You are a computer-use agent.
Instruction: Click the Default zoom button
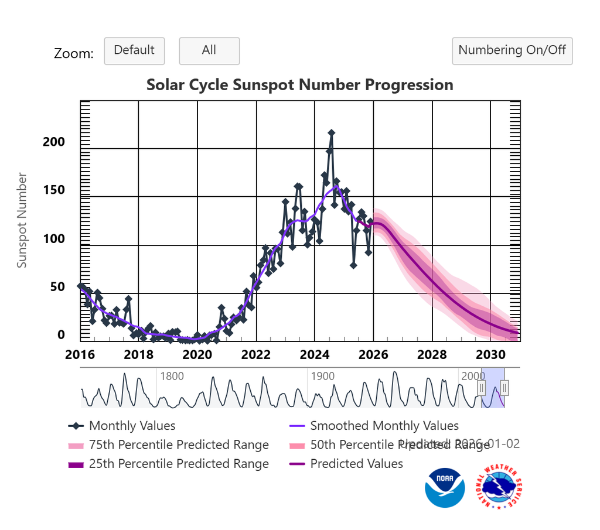point(134,51)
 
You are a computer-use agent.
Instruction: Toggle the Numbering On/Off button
point(512,51)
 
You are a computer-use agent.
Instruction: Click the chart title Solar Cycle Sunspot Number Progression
point(299,85)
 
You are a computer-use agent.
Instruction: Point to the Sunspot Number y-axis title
point(22,220)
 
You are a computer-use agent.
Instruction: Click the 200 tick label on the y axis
point(54,142)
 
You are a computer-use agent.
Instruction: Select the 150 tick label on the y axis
point(54,191)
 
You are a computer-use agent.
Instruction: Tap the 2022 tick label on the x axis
point(255,355)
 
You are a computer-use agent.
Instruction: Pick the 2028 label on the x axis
point(432,355)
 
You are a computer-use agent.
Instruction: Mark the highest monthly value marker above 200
point(331,134)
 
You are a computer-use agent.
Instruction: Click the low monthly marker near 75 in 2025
point(353,265)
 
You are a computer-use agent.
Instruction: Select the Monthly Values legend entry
point(132,426)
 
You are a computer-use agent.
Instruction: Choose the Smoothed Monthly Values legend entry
point(384,426)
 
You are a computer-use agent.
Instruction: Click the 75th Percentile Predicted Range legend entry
point(178,445)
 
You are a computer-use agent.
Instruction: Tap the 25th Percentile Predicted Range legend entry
point(178,464)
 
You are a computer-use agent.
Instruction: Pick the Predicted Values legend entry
point(356,464)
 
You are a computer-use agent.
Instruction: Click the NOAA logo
point(445,487)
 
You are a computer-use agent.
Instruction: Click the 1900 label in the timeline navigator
point(323,376)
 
